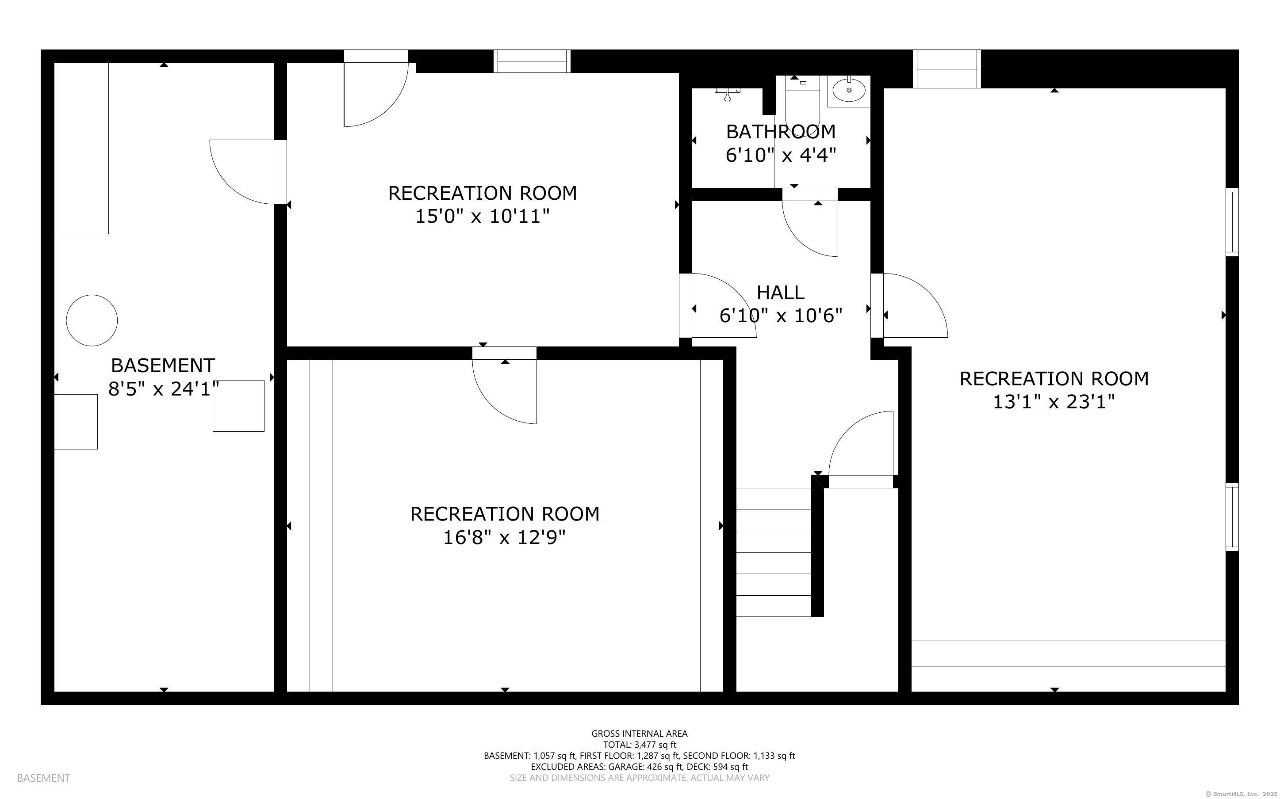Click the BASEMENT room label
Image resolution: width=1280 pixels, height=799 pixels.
click(163, 365)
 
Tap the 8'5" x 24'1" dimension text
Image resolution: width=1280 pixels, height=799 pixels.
click(163, 389)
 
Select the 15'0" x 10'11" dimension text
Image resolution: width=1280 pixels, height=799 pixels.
click(482, 216)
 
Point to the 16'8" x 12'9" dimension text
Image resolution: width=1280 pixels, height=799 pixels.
click(504, 537)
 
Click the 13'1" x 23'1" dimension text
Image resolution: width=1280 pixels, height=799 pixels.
click(1054, 402)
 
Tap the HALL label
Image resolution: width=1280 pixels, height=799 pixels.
click(780, 292)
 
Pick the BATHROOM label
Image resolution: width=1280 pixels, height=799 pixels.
click(780, 131)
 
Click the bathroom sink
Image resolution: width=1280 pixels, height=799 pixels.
click(849, 90)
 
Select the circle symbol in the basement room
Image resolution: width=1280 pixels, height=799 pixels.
click(92, 320)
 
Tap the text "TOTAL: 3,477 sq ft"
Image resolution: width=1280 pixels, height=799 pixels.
click(639, 745)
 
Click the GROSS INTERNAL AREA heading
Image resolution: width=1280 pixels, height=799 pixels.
click(639, 734)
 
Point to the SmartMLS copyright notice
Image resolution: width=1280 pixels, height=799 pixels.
click(1240, 794)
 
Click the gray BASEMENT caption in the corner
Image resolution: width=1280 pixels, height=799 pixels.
click(43, 778)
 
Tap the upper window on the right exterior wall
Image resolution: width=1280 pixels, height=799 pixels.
click(1232, 222)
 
